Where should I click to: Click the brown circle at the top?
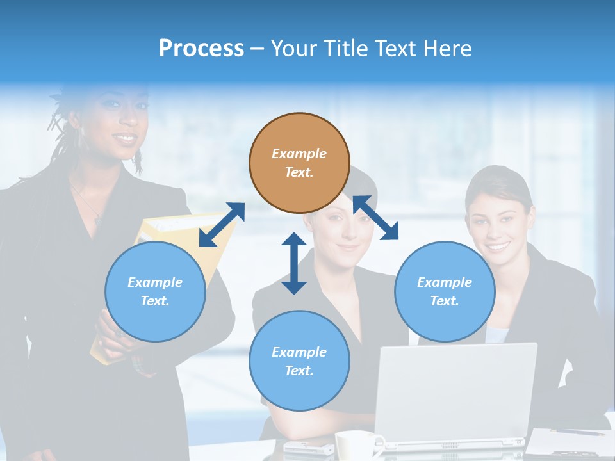click(299, 163)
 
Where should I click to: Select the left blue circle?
click(155, 291)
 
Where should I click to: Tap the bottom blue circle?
click(299, 361)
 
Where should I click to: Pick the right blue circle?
click(445, 291)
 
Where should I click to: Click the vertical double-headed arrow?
click(294, 263)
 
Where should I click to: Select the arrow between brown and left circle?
click(222, 225)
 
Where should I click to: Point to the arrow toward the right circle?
click(376, 218)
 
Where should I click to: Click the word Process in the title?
click(201, 48)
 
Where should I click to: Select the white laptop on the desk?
click(454, 394)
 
